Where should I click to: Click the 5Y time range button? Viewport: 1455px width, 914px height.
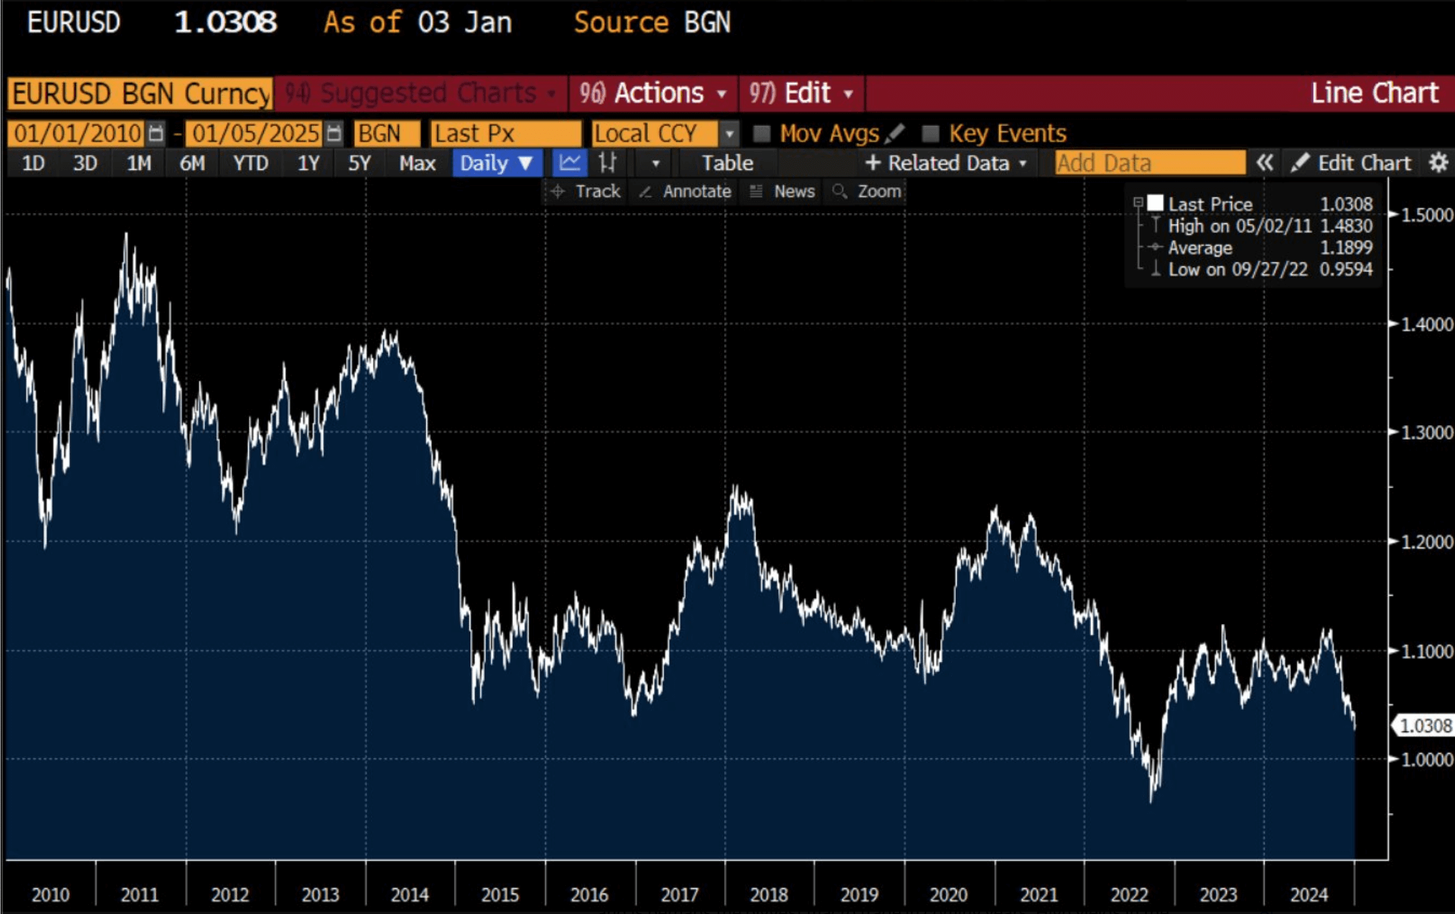coord(359,163)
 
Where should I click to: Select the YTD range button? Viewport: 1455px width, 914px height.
coord(250,163)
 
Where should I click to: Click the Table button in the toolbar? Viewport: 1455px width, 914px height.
coord(727,163)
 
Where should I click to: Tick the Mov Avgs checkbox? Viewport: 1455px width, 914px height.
coord(762,134)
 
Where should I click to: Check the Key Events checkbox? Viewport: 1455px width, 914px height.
coord(930,134)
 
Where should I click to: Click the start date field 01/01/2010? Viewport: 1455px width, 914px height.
coord(77,134)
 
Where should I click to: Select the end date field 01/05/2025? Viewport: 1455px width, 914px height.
coord(255,134)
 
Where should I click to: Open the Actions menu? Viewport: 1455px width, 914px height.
coord(653,93)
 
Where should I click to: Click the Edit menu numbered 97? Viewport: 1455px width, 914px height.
coord(802,93)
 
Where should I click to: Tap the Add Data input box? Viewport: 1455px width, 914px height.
coord(1149,163)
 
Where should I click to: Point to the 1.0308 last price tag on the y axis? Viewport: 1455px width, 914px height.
coord(1425,726)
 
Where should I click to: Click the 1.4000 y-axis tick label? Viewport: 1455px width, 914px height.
coord(1426,324)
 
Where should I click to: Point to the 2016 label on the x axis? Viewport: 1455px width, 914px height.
coord(589,895)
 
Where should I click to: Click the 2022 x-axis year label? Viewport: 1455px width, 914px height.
coord(1129,895)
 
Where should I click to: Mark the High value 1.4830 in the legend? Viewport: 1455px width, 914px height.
coord(1346,226)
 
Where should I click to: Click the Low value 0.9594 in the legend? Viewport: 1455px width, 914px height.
coord(1346,269)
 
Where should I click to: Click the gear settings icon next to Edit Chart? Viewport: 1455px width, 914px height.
coord(1438,163)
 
